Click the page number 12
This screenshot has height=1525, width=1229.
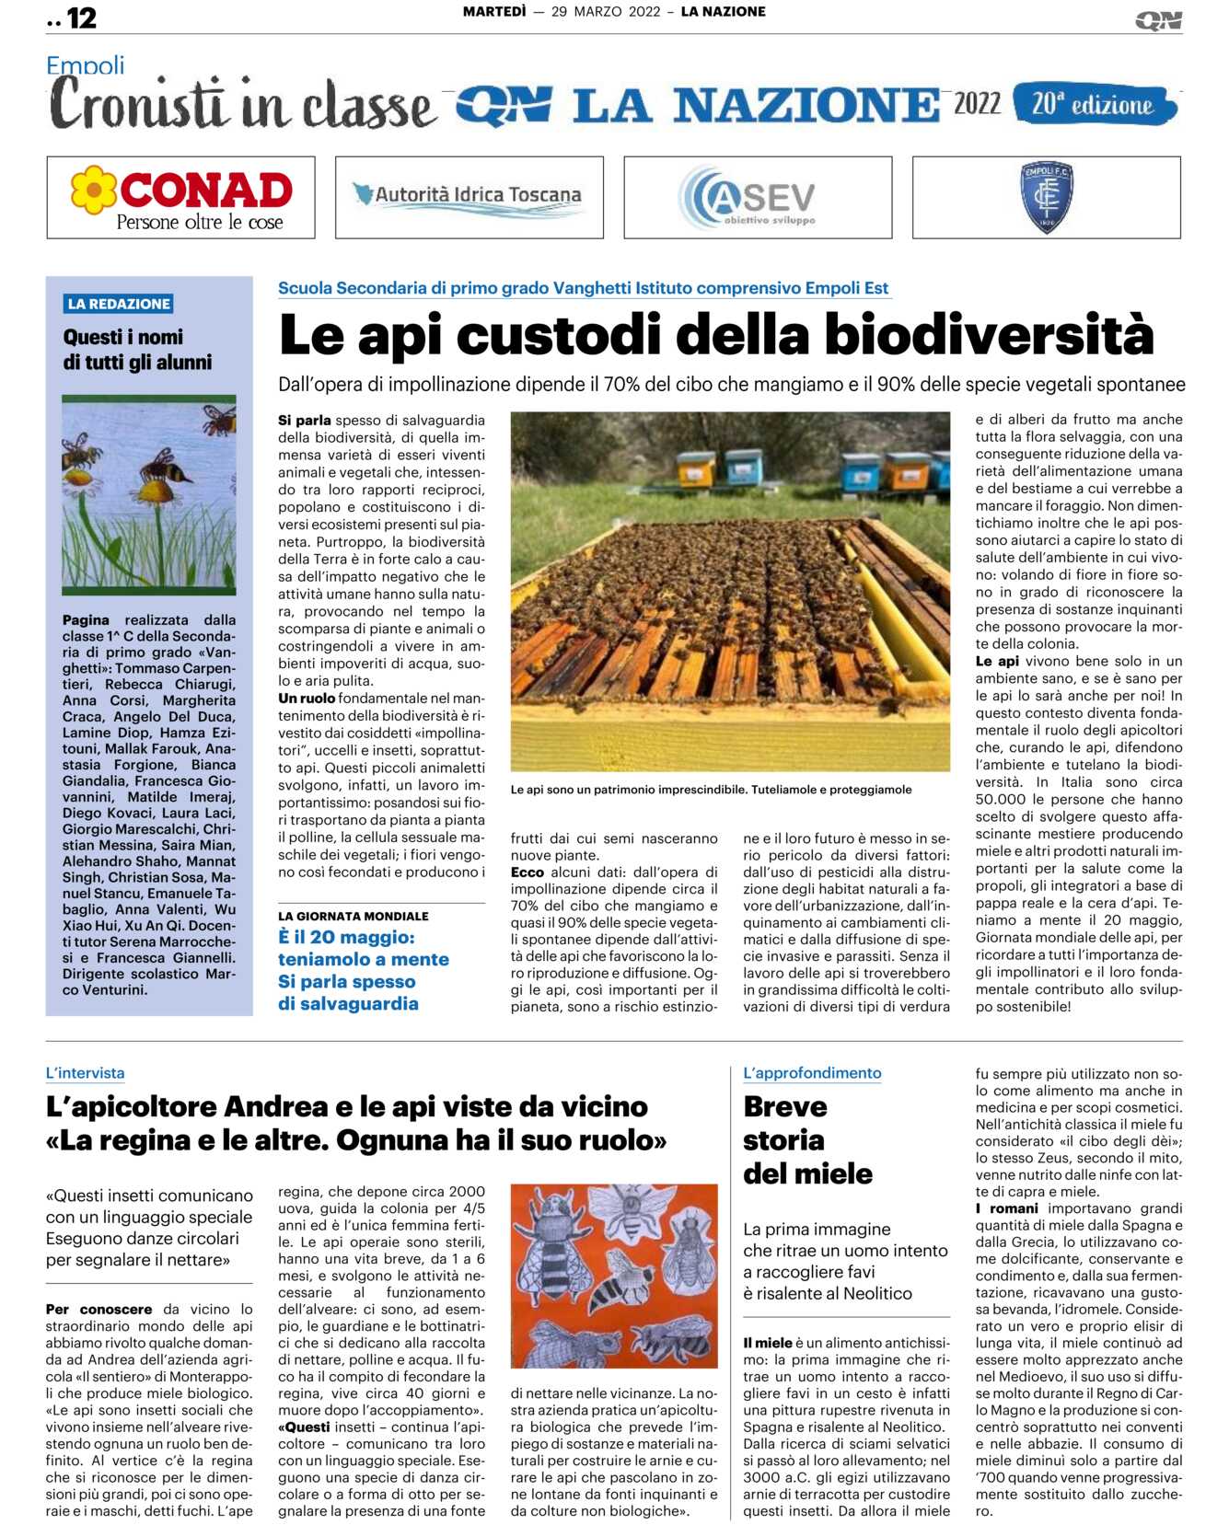coord(81,17)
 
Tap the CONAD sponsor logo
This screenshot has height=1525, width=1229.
coord(181,197)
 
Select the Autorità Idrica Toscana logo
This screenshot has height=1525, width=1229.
coord(470,197)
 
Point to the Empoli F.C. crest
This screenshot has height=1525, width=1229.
coord(1047,197)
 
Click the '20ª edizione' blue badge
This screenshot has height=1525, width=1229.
coord(1094,104)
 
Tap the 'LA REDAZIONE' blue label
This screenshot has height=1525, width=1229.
coord(119,304)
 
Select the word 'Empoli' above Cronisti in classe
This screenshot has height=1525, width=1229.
coord(85,66)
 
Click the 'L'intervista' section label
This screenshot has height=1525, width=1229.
coord(85,1073)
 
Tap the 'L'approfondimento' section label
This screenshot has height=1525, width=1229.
coord(812,1073)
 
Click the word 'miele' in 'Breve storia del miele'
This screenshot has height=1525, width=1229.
coord(834,1173)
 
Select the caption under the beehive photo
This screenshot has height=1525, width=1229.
coord(711,790)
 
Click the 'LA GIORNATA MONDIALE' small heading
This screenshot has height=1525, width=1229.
coord(354,916)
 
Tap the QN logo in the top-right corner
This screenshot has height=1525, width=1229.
coord(1158,20)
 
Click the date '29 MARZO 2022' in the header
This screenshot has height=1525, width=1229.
coord(606,12)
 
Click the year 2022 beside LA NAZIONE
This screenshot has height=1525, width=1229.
coord(977,103)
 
